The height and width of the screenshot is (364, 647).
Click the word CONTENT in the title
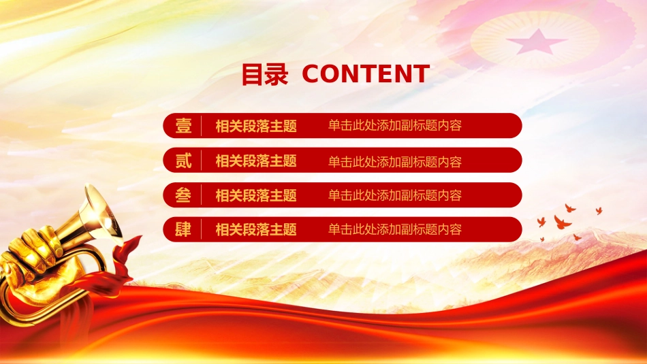tap(366, 73)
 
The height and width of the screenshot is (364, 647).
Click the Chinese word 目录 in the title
tap(264, 74)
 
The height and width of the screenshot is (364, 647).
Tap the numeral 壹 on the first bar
tap(183, 126)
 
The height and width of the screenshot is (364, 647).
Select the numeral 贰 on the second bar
tap(183, 161)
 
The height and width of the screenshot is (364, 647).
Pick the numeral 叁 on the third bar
tap(183, 195)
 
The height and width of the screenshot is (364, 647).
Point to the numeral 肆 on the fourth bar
tap(183, 229)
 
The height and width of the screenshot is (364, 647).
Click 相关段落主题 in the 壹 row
tap(256, 126)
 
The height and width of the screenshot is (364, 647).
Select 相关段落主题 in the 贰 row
tap(256, 161)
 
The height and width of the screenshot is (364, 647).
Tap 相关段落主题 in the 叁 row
tap(256, 195)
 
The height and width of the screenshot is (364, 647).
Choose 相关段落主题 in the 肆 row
tap(256, 229)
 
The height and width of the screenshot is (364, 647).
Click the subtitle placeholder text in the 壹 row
tap(394, 125)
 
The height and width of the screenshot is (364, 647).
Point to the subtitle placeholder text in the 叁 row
tap(394, 195)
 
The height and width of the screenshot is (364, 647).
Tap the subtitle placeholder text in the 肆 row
tap(394, 229)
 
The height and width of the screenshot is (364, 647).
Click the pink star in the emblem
tap(537, 42)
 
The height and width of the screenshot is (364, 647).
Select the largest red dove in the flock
tap(562, 222)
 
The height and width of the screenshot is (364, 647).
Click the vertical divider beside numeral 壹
tap(202, 126)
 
